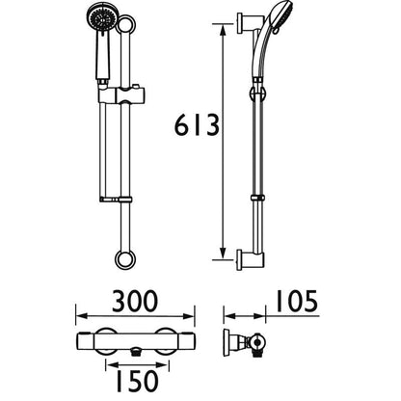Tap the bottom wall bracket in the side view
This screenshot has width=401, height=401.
(248, 258)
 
